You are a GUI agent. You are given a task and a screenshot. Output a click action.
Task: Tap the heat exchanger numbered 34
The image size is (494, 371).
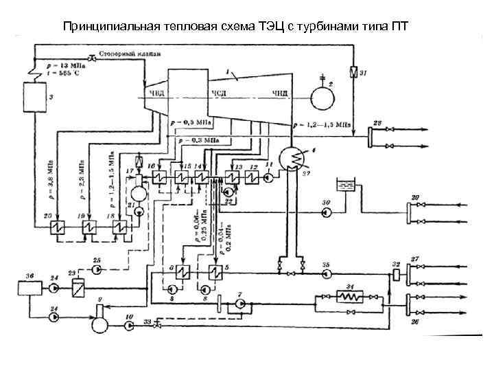pos(352,297)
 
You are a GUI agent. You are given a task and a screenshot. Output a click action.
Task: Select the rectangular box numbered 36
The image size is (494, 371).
pos(30,284)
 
